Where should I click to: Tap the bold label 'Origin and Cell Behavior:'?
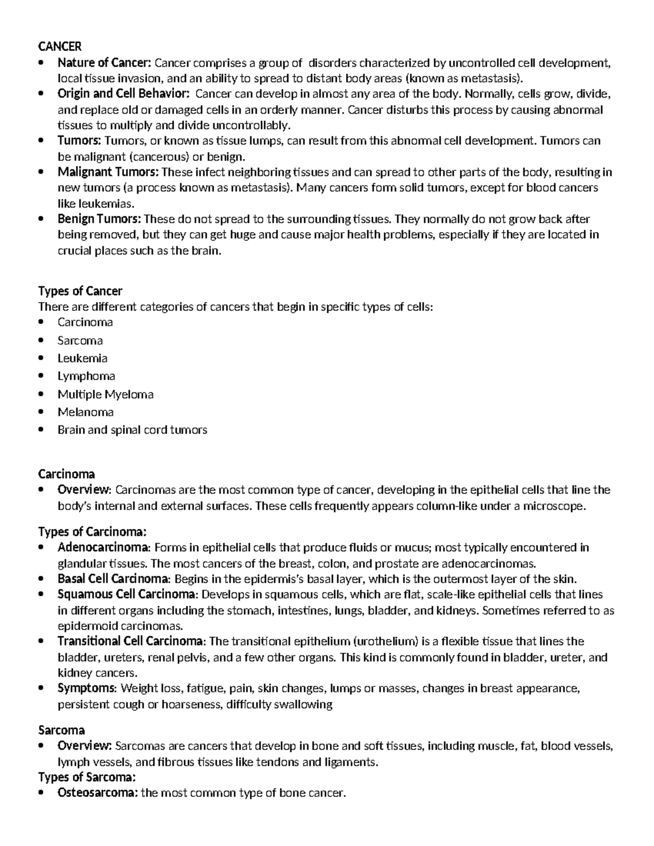[124, 94]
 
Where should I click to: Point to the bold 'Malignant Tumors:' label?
[108, 172]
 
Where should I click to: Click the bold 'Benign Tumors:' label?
[99, 219]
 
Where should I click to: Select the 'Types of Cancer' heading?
[80, 291]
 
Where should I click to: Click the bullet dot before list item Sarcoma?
[41, 340]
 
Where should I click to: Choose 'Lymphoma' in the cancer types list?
[86, 376]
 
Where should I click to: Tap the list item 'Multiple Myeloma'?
[105, 394]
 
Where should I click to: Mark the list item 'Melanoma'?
[86, 412]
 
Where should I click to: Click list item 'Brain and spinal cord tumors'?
[132, 430]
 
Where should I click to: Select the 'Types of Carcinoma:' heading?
[92, 531]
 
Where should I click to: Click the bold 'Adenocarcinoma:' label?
[103, 547]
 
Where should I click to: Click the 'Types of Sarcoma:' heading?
[86, 777]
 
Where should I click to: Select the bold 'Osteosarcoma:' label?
[98, 793]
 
